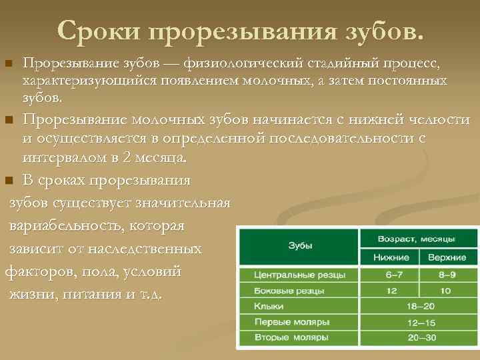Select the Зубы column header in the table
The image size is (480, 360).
coord(300,246)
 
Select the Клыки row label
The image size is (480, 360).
coord(269,306)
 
